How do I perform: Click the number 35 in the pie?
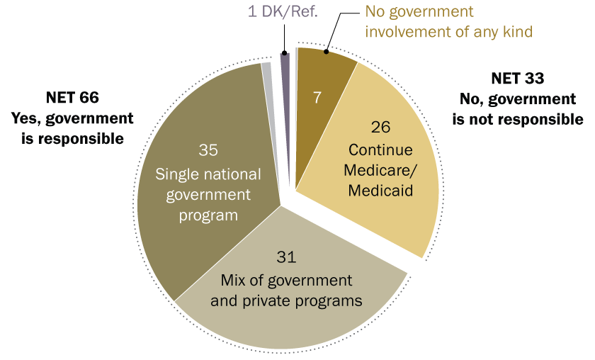click(208, 150)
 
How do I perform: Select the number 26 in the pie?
click(381, 128)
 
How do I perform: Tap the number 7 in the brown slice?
click(319, 96)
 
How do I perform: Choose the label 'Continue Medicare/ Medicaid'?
click(381, 171)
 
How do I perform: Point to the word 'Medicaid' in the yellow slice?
click(381, 191)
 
